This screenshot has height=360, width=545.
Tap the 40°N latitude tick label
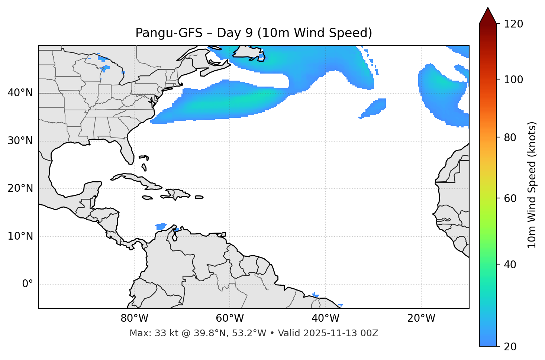(20, 93)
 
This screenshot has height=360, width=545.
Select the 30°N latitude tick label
(20, 141)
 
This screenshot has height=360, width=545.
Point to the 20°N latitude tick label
(20, 188)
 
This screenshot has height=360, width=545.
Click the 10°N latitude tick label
(20, 236)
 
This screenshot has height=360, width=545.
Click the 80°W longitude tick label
(134, 318)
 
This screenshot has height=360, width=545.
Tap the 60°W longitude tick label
(230, 318)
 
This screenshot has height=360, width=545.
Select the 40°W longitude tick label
(325, 318)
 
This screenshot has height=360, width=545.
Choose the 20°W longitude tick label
(421, 318)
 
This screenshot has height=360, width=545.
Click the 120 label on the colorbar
(513, 24)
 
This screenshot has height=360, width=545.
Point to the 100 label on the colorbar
(513, 80)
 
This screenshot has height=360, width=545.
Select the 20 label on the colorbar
(510, 347)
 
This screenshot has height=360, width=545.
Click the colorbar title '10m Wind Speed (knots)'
(532, 185)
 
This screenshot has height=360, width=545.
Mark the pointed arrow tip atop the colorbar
(488, 8)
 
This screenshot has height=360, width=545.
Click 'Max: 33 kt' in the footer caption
(146, 333)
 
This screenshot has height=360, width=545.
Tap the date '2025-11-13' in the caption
(327, 333)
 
